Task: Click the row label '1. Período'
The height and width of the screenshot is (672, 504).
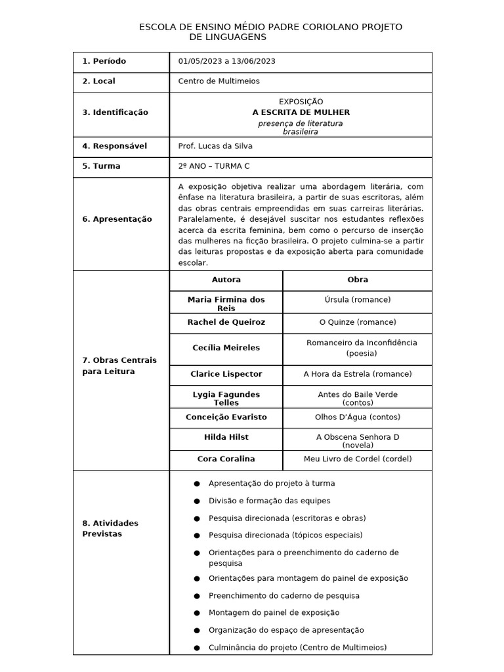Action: click(x=104, y=61)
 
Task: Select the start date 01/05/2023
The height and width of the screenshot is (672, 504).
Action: click(x=199, y=61)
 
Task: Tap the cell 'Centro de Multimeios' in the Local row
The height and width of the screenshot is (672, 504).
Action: click(x=219, y=81)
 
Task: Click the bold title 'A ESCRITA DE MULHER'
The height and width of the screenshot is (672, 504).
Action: click(x=301, y=112)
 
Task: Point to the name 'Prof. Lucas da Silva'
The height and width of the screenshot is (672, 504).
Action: click(x=215, y=146)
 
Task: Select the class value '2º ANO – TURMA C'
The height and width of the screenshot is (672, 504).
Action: click(x=214, y=166)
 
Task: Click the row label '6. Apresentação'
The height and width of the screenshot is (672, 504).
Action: click(x=117, y=219)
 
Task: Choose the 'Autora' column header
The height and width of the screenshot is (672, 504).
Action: click(x=226, y=280)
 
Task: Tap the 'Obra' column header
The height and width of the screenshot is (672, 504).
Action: click(x=357, y=280)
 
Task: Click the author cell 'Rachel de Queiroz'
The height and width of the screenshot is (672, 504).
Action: click(x=226, y=322)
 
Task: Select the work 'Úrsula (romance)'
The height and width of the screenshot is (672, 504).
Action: click(x=357, y=300)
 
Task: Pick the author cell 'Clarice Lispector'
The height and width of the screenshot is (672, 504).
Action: click(x=226, y=374)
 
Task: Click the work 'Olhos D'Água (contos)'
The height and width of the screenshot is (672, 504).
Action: click(x=357, y=417)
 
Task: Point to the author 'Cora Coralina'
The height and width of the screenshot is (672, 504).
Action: click(x=226, y=459)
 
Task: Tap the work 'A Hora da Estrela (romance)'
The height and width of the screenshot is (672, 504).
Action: click(x=357, y=374)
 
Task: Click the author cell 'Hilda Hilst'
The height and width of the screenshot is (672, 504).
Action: click(x=226, y=437)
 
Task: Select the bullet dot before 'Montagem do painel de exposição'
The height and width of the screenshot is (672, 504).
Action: click(x=197, y=613)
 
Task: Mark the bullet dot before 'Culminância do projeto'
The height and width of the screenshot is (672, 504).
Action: click(x=197, y=648)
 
